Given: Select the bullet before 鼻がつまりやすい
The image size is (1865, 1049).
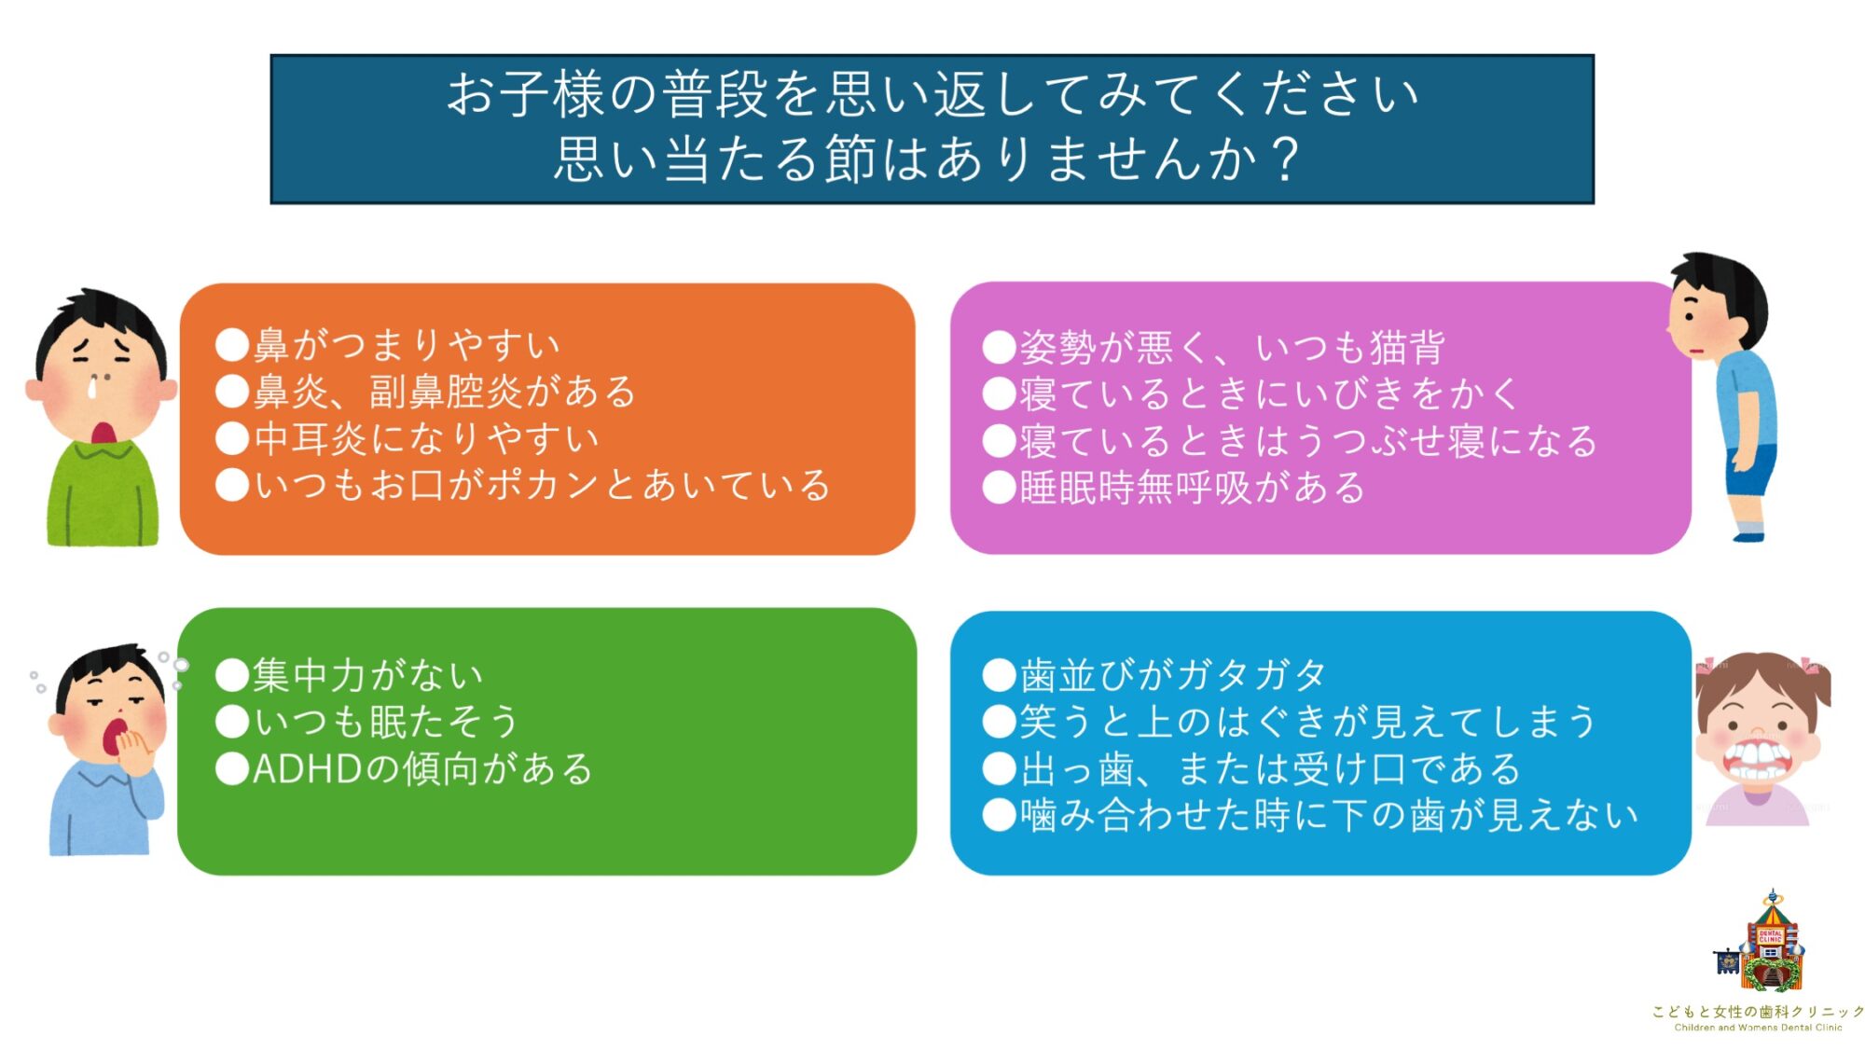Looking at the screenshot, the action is [x=232, y=344].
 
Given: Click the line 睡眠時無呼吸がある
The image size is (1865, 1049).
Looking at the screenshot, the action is [x=1192, y=488].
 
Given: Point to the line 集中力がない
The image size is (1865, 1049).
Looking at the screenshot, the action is [x=367, y=675].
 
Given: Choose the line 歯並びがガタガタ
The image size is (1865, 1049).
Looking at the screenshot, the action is [x=1172, y=674].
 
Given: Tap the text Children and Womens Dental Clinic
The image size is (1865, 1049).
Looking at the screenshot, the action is [x=1758, y=1028].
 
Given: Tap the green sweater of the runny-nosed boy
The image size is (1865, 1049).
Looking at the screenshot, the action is [x=103, y=494].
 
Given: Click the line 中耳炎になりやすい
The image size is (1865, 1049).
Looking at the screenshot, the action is [x=426, y=438].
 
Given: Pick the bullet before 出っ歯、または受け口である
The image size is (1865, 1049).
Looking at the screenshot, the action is [x=999, y=768].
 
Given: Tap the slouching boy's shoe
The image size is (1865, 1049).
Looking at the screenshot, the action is [x=1748, y=535].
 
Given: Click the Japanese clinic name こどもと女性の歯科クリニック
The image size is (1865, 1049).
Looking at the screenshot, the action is [x=1758, y=1012].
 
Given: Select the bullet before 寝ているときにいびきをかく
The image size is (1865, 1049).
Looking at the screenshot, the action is [x=999, y=393].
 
